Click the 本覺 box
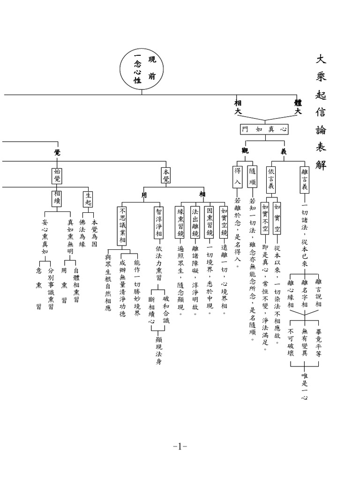(166, 175)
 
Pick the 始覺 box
(57, 176)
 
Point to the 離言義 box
(305, 180)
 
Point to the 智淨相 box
(158, 223)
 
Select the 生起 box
(88, 198)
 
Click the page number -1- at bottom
(180, 446)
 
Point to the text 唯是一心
(305, 387)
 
